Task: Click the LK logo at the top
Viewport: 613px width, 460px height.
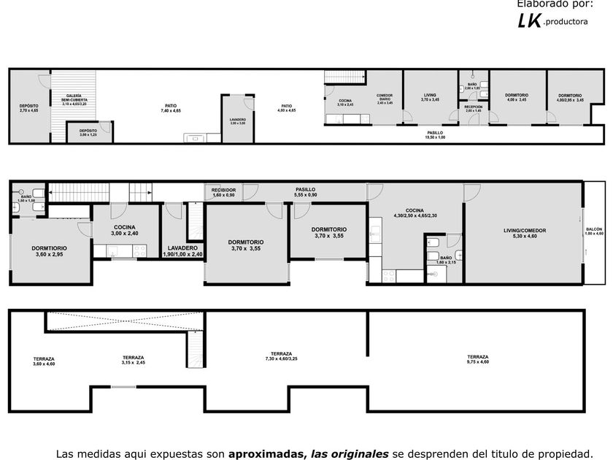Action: pyautogui.click(x=529, y=21)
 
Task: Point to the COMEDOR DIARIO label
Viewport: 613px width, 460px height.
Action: pyautogui.click(x=385, y=99)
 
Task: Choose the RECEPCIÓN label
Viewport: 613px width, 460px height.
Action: pyautogui.click(x=474, y=109)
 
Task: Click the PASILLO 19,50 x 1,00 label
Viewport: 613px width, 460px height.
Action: pyautogui.click(x=436, y=134)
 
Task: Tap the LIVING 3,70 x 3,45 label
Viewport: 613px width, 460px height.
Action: pyautogui.click(x=430, y=96)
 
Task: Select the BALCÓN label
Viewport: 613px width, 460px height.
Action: pyautogui.click(x=595, y=231)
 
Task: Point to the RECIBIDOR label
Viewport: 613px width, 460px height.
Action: pyautogui.click(x=223, y=192)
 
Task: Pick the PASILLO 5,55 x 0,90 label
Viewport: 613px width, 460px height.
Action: pyautogui.click(x=305, y=192)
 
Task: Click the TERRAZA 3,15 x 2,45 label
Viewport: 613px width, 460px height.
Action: pyautogui.click(x=133, y=359)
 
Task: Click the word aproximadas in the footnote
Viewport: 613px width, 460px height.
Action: pyautogui.click(x=267, y=453)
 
